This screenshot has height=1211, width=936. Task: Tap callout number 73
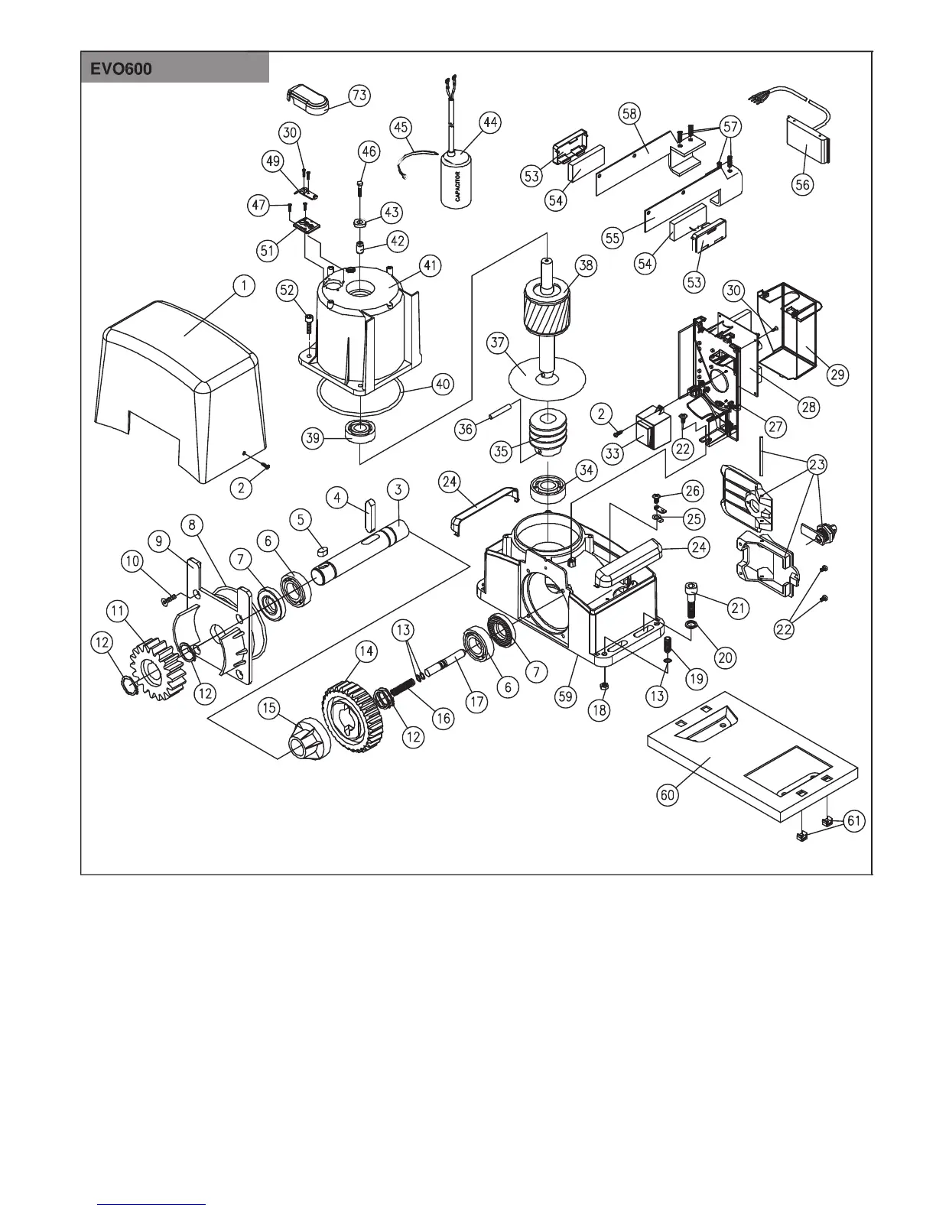tap(359, 96)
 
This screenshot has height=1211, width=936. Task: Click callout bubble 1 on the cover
tap(243, 287)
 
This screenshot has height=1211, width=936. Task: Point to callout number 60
tap(668, 795)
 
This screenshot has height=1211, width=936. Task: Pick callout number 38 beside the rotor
tap(587, 265)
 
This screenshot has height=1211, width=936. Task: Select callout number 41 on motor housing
tap(431, 266)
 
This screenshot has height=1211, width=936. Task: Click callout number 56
tap(802, 184)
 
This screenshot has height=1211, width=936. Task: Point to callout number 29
tap(837, 374)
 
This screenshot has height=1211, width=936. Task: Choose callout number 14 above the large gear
tap(367, 651)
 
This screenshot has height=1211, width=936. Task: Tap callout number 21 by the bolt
tap(738, 608)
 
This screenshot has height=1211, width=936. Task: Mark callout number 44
tap(490, 122)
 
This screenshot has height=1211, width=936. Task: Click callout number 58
tap(629, 114)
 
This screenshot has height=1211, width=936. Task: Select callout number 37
tap(497, 344)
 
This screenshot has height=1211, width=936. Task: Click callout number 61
tap(853, 822)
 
